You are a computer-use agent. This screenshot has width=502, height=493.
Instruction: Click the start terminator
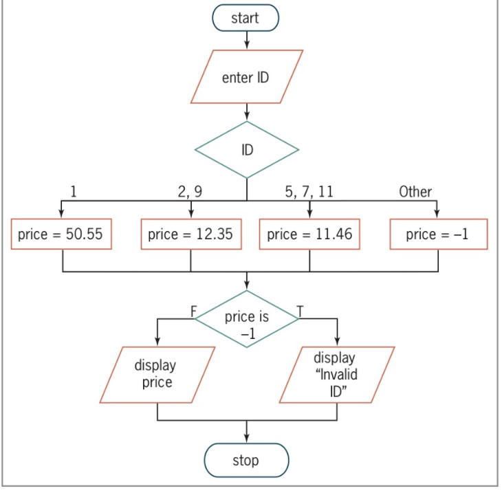coord(246,18)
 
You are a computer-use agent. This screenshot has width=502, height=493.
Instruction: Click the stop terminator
coord(246,460)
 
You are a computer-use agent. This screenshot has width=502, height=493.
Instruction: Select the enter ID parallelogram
coord(246,77)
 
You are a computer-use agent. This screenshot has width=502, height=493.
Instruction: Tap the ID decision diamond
coord(246,150)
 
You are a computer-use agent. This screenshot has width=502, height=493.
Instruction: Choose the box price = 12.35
coord(190,234)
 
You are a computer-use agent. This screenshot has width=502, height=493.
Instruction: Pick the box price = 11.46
coord(309,234)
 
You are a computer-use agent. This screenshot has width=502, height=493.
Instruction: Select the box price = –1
coord(437,234)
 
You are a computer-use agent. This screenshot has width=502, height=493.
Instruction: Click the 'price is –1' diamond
coord(246,319)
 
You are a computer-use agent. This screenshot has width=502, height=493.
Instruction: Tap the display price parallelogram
coord(157,374)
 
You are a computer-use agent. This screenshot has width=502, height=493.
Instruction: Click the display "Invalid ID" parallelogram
coord(337,374)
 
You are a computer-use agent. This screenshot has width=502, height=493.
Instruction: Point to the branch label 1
coord(74,192)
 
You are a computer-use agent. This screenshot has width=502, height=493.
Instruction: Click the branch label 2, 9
coord(190,192)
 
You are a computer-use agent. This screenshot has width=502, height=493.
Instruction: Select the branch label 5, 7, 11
coord(309,192)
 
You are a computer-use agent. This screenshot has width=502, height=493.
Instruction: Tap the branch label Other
coord(415,192)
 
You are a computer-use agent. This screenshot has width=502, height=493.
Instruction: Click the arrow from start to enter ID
coord(246,40)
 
